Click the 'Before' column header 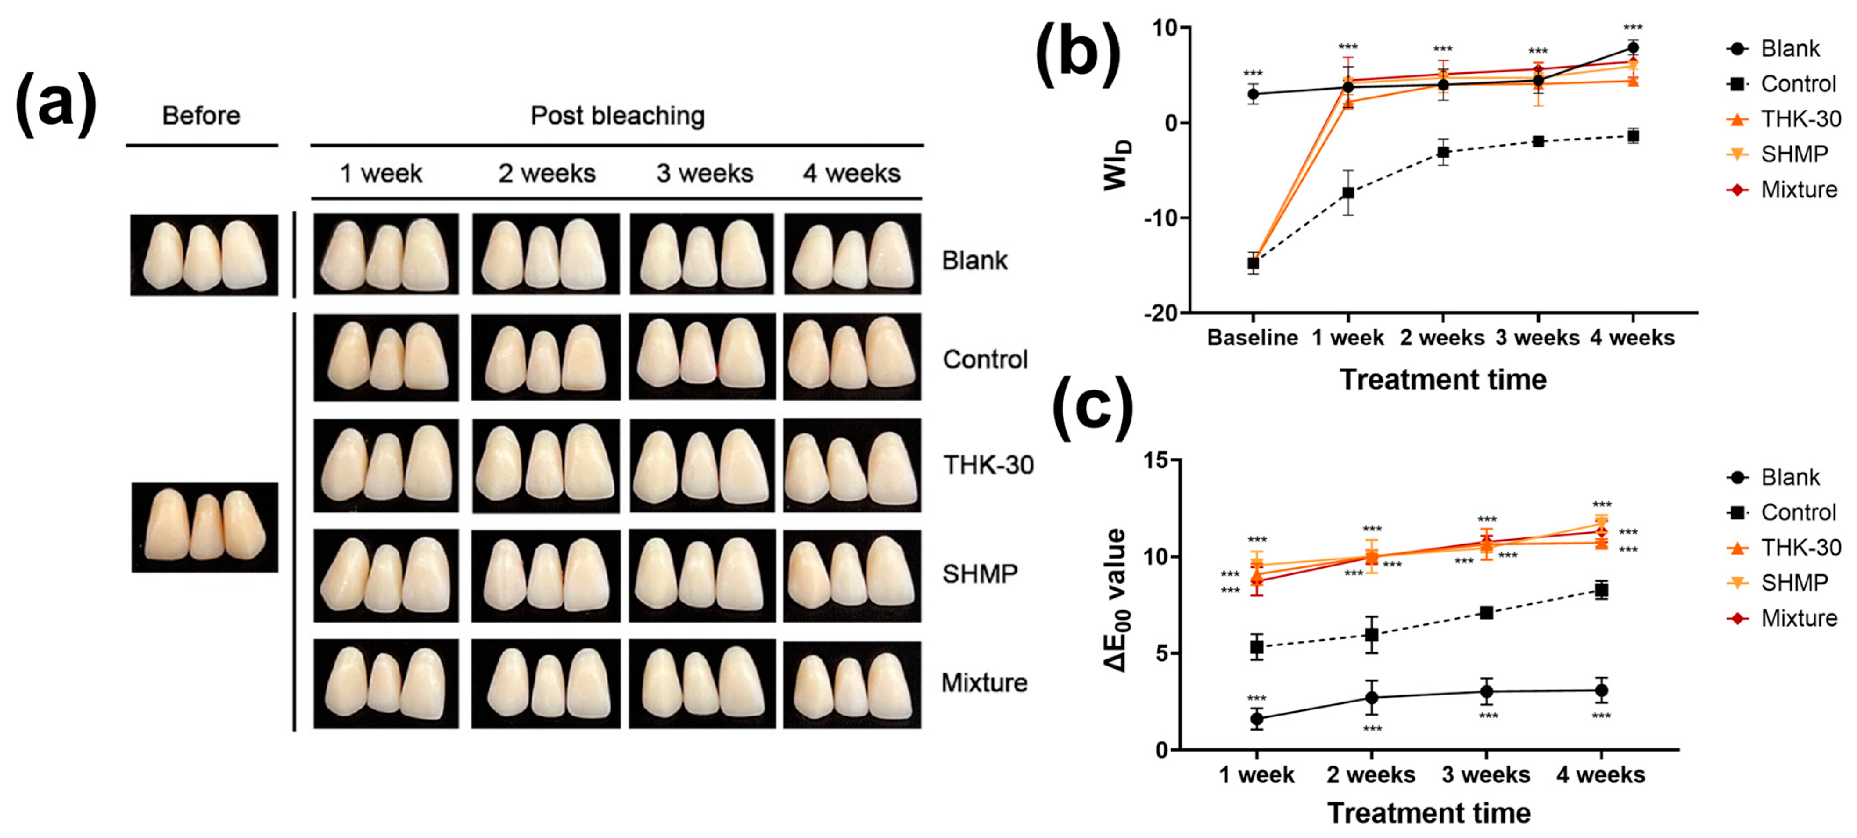[x=201, y=115]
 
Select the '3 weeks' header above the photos [x=704, y=174]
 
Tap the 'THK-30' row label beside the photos [x=988, y=466]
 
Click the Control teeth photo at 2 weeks [x=545, y=358]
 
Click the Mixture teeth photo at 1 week [x=386, y=683]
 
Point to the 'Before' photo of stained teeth [x=205, y=527]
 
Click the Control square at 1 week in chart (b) [x=1347, y=192]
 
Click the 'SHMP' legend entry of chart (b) [x=1793, y=154]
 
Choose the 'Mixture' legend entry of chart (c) [x=1798, y=618]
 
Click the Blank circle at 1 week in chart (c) [x=1257, y=718]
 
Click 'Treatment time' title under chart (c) [x=1429, y=813]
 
